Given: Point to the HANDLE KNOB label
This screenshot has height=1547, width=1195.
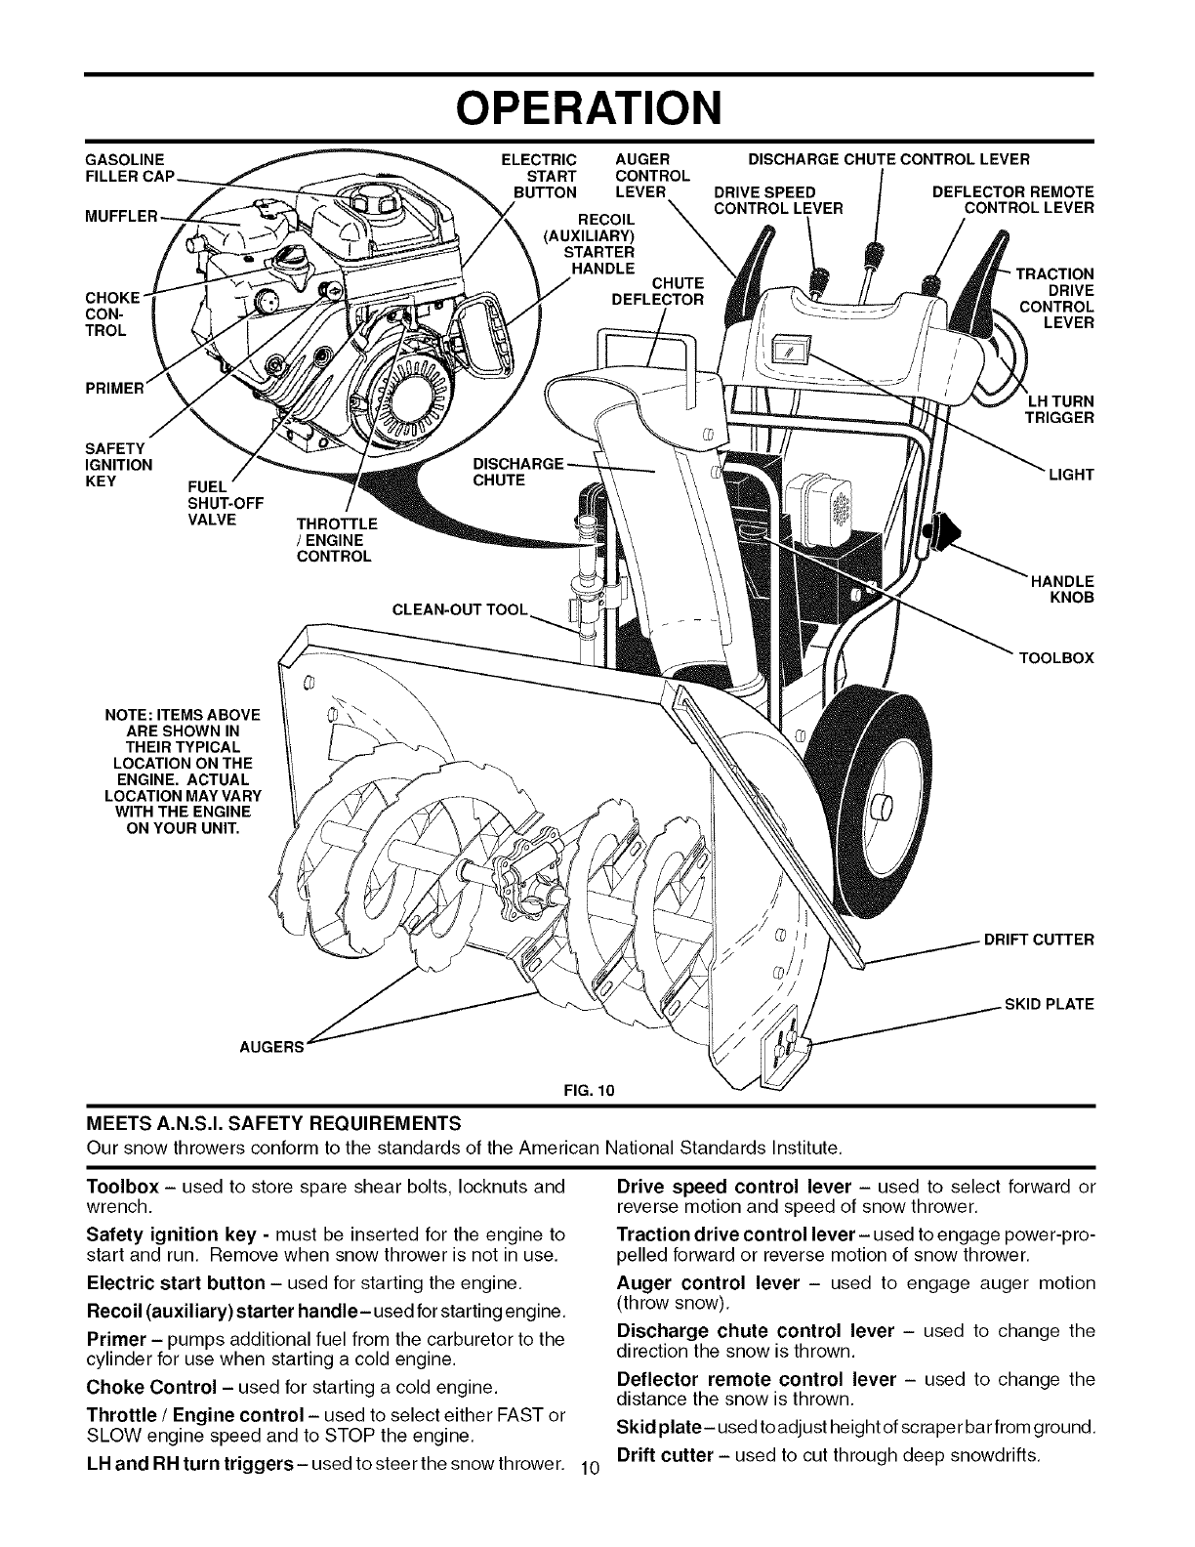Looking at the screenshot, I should coord(1069,589).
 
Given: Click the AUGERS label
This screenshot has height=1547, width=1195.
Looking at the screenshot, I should coord(272,1047).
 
